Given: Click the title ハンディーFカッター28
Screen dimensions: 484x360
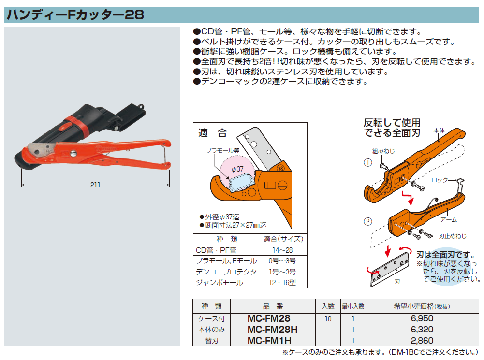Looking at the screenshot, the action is (75, 14).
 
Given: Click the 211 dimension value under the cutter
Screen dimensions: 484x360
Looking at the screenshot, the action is (95, 185).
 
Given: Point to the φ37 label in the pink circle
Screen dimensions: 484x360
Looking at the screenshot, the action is (237, 169).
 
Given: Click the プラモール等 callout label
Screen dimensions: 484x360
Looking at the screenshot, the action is (222, 151).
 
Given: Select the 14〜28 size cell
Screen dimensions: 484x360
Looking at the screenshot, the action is (282, 250).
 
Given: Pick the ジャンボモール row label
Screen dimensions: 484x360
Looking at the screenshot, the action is (220, 283).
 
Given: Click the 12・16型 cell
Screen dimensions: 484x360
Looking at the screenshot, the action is (282, 283).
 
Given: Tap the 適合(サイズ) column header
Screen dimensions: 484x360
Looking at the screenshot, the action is (283, 239).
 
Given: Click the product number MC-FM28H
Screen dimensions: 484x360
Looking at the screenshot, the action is (272, 330).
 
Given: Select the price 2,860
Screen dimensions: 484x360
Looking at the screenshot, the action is (422, 341).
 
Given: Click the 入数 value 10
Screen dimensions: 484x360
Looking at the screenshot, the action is (328, 318).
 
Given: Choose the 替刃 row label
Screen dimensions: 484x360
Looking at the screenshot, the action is (211, 341).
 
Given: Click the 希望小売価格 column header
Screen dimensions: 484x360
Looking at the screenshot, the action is (422, 306).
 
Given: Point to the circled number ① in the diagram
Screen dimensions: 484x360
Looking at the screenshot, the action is (367, 162).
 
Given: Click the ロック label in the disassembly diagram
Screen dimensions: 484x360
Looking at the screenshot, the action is (439, 180).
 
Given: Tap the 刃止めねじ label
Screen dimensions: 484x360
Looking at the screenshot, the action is (453, 236).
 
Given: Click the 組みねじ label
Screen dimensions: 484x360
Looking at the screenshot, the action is (383, 151).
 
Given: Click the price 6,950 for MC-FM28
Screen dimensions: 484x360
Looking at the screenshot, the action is (422, 318).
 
